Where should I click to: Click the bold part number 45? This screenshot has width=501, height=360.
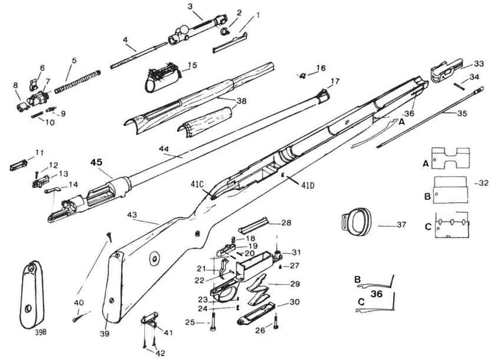click(x=96, y=162)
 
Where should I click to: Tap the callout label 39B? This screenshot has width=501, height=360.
click(x=41, y=332)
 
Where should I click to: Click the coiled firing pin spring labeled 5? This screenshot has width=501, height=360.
click(x=78, y=82)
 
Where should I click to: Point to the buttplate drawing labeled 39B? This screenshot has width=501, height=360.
click(x=32, y=295)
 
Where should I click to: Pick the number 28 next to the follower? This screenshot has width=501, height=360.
click(x=286, y=223)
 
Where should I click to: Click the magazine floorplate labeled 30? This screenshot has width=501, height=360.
click(x=256, y=313)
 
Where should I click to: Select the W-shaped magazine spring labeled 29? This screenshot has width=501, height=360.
click(x=258, y=289)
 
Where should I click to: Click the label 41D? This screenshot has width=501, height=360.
click(x=308, y=185)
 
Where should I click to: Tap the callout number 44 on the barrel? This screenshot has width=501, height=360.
click(x=164, y=148)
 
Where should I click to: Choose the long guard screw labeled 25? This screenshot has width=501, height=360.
click(x=213, y=322)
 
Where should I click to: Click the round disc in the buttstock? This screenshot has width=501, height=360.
click(x=154, y=258)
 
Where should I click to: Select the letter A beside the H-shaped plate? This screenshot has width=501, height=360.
click(x=426, y=164)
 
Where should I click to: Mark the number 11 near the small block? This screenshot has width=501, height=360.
click(x=39, y=153)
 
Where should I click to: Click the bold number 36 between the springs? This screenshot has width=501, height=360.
click(x=377, y=293)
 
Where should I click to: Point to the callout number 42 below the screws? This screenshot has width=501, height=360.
click(x=160, y=353)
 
